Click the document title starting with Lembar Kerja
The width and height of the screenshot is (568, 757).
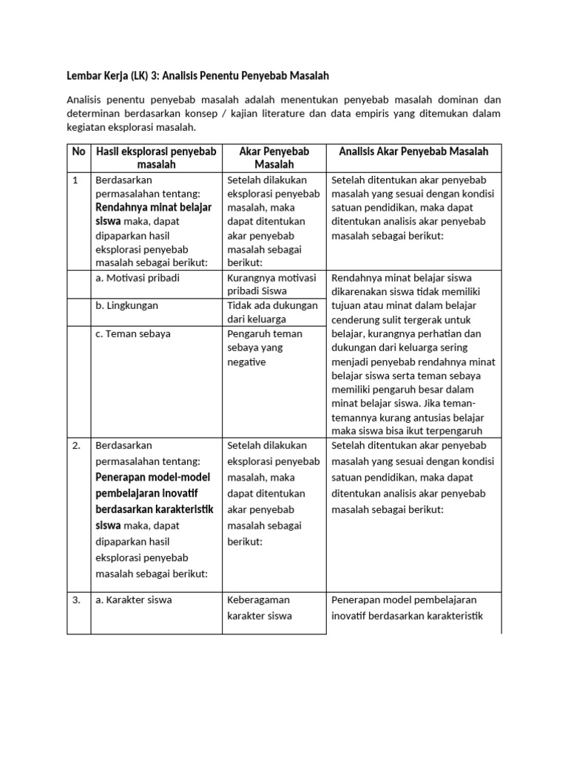coord(197,75)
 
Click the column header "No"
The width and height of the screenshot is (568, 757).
coord(78,152)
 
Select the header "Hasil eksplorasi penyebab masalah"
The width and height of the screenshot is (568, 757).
coord(156,157)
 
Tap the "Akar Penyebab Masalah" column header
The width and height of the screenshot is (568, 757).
coord(274,157)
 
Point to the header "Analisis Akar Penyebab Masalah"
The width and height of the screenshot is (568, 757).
coord(413,152)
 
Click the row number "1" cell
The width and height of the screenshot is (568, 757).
coord(75,180)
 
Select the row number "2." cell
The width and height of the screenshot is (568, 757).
coord(77,446)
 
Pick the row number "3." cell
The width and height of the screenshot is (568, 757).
coord(77,600)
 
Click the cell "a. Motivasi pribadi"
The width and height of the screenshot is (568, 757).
coord(138,278)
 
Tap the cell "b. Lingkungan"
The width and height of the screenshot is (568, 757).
coord(126,305)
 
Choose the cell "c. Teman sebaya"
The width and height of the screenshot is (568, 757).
coord(133,333)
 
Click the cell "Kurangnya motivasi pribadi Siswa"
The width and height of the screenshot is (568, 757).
coord(272,285)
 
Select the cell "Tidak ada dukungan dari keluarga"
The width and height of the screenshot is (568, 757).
coord(272,312)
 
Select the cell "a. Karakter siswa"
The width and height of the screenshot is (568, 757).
coord(134,600)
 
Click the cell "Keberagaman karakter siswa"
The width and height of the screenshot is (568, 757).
coord(260,608)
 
